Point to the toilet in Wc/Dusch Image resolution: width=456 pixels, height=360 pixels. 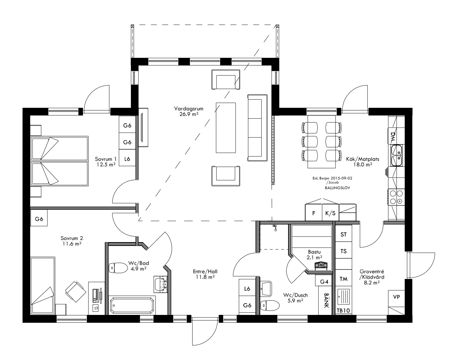pos(270,305)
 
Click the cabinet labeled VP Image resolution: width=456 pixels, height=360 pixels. pos(397,297)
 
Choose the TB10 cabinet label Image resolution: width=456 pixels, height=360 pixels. pos(343,311)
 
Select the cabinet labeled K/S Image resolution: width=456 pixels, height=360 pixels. pos(330,213)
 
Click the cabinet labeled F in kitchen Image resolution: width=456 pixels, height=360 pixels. pos(314,213)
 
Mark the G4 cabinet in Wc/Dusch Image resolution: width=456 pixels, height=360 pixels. pos(324,281)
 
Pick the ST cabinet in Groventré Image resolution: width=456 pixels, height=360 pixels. pos(344,234)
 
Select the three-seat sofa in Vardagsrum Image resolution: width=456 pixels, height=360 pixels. pos(257,128)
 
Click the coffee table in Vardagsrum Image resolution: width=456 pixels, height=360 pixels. pos(226,127)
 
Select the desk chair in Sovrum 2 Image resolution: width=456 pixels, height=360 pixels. pos(74,290)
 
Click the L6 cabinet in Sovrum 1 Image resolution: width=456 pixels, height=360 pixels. pos(127,159)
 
